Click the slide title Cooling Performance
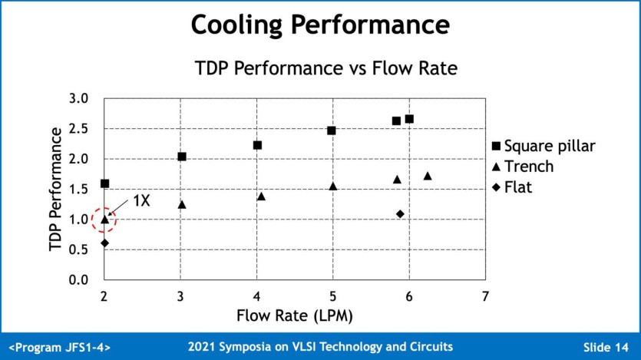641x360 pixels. (319, 25)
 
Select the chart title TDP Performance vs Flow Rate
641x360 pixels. (326, 68)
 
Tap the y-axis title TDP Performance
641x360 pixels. (55, 190)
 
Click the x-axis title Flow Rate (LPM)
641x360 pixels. (294, 315)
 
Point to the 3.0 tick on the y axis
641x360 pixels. (79, 98)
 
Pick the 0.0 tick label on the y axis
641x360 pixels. (79, 280)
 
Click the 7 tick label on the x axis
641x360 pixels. (485, 296)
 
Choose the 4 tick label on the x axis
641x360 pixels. (256, 296)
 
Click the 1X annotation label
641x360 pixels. (141, 201)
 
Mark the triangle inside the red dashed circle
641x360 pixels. (104, 219)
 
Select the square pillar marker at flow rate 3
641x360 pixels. (182, 157)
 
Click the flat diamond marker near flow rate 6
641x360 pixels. (400, 213)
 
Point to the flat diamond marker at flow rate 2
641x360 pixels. (104, 243)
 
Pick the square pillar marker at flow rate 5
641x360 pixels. (332, 130)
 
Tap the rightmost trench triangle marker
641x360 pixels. (428, 176)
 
